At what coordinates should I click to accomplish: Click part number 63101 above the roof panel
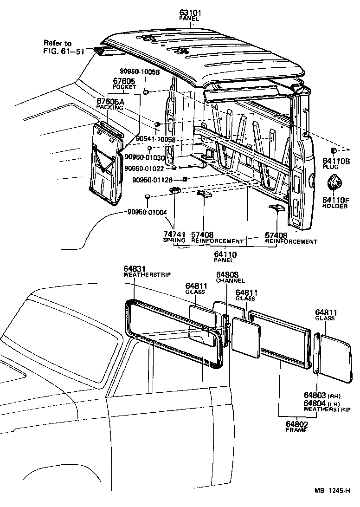pyautogui.click(x=189, y=13)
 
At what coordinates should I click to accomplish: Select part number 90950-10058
pyautogui.click(x=139, y=72)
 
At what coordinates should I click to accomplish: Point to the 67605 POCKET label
pyautogui.click(x=124, y=84)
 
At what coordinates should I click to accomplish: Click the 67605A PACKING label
pyautogui.click(x=110, y=104)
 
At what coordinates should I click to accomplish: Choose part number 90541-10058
pyautogui.click(x=155, y=139)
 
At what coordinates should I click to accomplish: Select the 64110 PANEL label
pyautogui.click(x=225, y=257)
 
